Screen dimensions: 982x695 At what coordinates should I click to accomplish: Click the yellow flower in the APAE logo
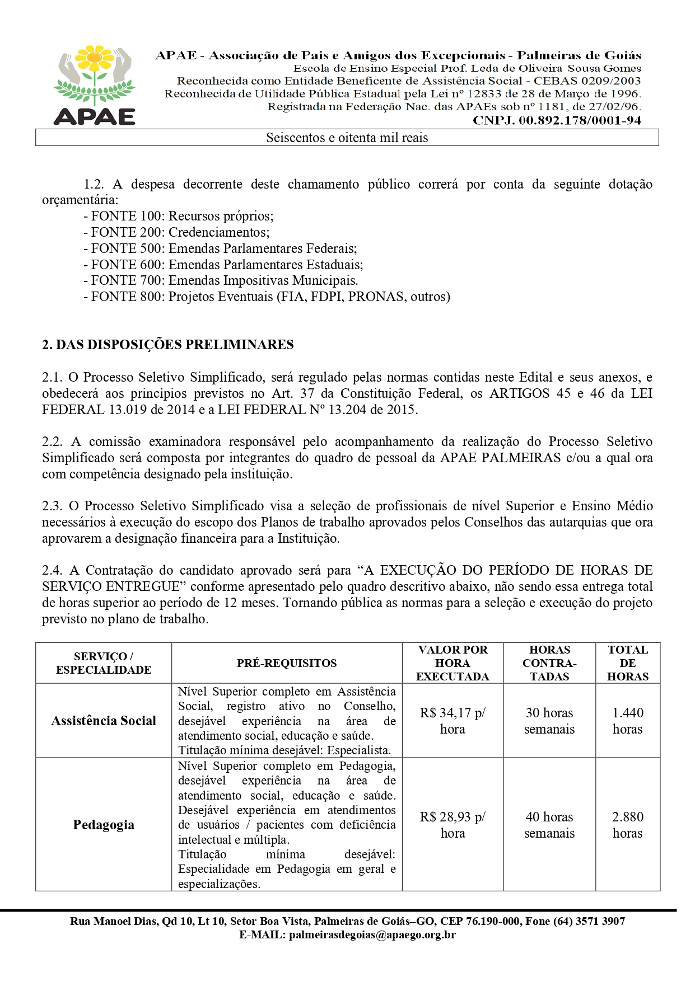tap(95, 58)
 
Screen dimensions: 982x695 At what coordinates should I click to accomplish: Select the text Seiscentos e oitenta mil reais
tap(347, 138)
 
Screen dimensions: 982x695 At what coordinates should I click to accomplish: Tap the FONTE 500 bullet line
tap(220, 248)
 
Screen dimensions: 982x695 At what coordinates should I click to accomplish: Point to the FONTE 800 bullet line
tap(267, 297)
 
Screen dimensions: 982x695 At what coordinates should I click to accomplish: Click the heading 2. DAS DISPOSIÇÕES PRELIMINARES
tap(167, 345)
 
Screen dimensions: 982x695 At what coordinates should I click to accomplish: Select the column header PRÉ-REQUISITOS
tap(287, 664)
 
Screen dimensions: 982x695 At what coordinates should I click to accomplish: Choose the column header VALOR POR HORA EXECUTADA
tap(453, 663)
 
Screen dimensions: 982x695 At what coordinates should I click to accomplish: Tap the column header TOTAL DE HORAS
tap(628, 663)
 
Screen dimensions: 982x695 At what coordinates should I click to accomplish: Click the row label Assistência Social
tap(104, 721)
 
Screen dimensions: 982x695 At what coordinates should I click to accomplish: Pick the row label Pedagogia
tap(104, 825)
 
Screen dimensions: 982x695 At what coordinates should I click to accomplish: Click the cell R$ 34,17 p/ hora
tap(453, 721)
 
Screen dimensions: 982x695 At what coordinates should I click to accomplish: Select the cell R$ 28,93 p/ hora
tap(453, 825)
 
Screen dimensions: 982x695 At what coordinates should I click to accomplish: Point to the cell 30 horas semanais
tap(549, 721)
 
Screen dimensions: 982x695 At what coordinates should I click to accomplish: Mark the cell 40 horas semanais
tap(549, 825)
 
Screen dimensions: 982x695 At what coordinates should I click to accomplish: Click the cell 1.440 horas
tap(628, 721)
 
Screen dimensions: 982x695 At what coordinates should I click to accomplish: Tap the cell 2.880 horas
tap(628, 825)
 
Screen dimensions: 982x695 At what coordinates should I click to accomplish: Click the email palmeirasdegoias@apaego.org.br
tap(372, 935)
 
